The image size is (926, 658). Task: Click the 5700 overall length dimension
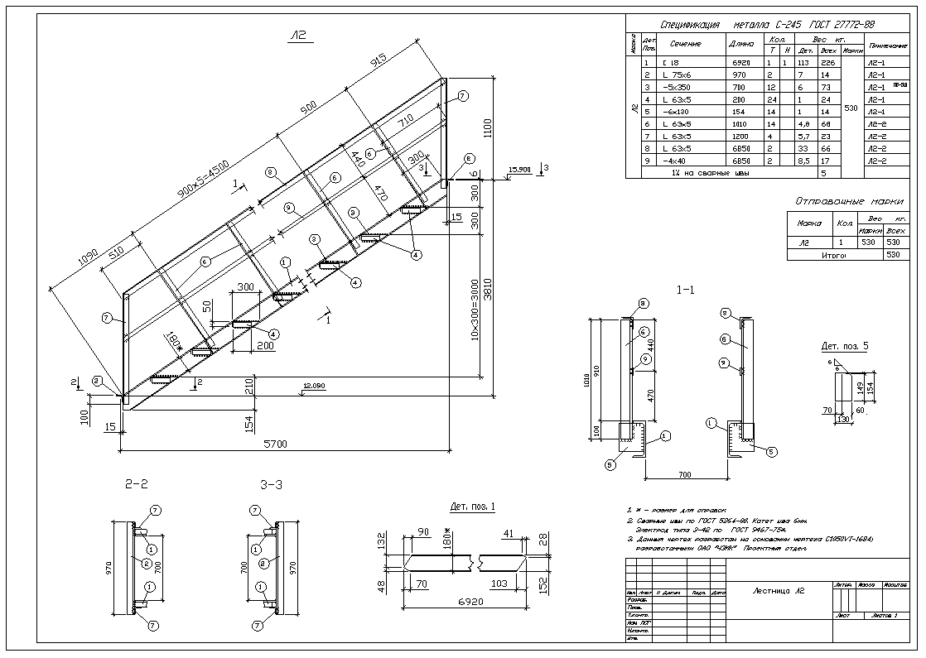tap(275, 444)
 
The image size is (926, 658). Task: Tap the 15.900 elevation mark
tap(520, 170)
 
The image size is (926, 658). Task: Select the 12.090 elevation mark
tap(313, 386)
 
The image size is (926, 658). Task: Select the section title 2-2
tap(136, 484)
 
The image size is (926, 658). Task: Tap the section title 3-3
tap(271, 484)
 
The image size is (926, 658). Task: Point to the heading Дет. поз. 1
tap(472, 505)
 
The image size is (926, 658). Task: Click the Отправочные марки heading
tap(849, 201)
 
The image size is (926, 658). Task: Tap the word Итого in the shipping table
tap(833, 256)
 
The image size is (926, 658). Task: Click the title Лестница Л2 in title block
tap(778, 591)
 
